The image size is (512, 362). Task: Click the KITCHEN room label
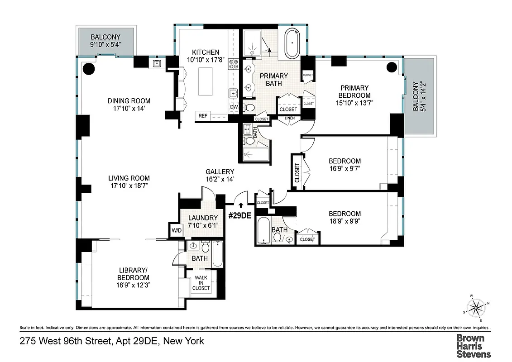coord(205,52)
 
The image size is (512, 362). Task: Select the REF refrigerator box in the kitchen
coord(202,116)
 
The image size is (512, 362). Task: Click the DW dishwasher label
coord(234,107)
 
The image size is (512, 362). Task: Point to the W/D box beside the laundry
coord(176,230)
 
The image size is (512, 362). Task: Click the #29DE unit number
coord(239,216)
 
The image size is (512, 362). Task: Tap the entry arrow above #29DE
coord(240,206)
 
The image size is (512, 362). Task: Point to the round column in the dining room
coord(89,68)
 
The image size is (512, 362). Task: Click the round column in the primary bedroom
coord(392,67)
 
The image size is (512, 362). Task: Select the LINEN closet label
coord(289,119)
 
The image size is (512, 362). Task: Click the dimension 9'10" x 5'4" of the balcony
coord(105,45)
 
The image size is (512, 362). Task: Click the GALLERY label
coord(220,171)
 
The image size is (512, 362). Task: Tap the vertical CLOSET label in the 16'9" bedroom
coord(297,172)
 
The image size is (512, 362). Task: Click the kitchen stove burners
coord(234,64)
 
